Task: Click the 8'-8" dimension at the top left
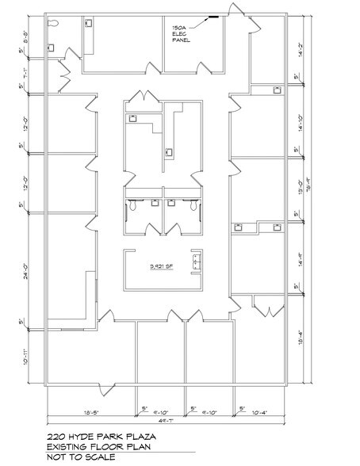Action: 25,36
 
